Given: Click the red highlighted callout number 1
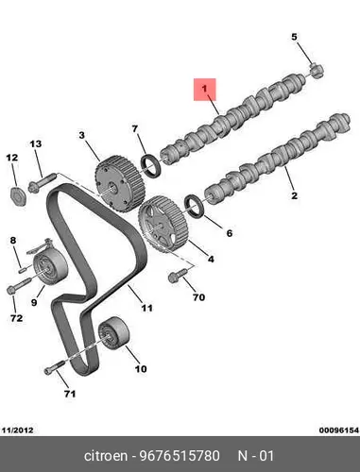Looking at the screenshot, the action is (205, 90).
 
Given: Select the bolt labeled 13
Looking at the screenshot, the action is (42, 182).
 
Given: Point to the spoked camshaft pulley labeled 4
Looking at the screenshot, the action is (163, 223).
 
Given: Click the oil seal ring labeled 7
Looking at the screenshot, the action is (152, 166).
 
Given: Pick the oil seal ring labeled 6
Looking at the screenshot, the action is (195, 207).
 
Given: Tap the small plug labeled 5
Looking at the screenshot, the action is (317, 70).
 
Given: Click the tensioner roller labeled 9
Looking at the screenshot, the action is (49, 267).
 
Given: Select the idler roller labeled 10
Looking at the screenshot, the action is (113, 333).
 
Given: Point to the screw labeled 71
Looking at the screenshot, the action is (55, 367).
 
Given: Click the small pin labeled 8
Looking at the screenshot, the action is (23, 269).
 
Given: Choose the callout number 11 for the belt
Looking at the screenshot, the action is (146, 308).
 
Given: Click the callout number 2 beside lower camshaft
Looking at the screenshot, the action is (294, 195).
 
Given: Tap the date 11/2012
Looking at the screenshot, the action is (18, 430).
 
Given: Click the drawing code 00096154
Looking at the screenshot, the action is (339, 430).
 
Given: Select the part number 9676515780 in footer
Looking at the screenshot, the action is (180, 456).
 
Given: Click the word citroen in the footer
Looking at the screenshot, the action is (106, 456).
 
